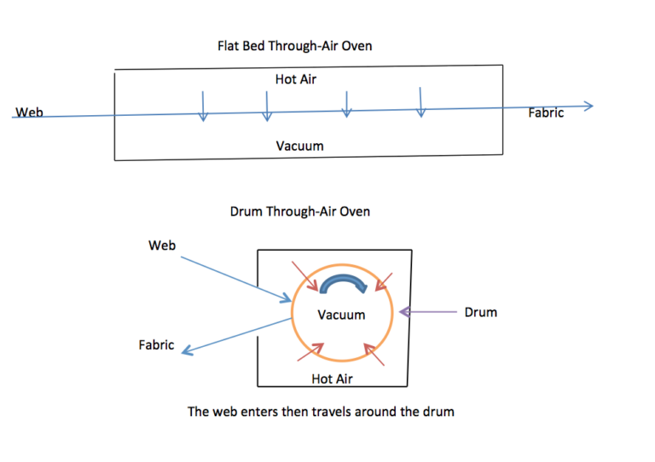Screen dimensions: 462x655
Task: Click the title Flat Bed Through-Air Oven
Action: click(294, 46)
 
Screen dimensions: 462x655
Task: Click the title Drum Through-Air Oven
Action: click(300, 211)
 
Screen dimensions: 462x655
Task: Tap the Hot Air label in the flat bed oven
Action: click(296, 79)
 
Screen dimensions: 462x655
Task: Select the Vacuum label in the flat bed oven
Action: click(299, 146)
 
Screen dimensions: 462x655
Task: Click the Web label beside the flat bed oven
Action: click(30, 113)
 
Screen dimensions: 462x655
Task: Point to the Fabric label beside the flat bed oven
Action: click(546, 113)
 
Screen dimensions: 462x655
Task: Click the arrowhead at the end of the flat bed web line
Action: click(587, 106)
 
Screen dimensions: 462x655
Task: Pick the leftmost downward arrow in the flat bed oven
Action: click(203, 106)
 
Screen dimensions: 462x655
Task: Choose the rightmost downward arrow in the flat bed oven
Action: click(420, 101)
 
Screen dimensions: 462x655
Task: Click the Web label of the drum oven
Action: click(162, 245)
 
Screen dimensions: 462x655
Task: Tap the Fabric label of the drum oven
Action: click(156, 345)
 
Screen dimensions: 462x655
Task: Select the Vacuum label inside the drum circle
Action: click(341, 315)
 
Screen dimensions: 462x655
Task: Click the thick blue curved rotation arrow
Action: click(341, 286)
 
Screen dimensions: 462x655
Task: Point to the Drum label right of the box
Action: click(480, 312)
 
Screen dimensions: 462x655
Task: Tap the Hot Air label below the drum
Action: click(332, 378)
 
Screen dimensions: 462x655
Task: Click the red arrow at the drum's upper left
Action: click(304, 278)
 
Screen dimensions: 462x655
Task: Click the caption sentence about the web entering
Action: click(321, 412)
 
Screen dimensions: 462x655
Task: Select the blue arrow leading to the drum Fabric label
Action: click(235, 336)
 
